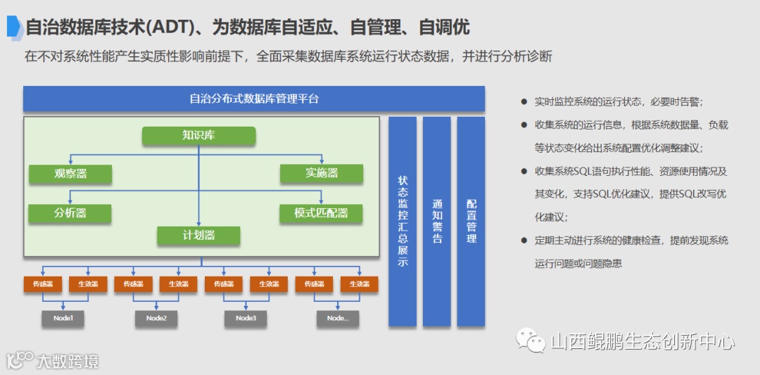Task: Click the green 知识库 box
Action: coord(198,136)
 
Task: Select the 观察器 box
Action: coord(70,174)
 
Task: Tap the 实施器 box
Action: coord(322,174)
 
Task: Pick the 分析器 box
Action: coord(70,213)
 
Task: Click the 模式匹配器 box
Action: coord(322,213)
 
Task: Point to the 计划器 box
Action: coord(198,236)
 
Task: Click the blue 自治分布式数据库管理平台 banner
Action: coord(254,98)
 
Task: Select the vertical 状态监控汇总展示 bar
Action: coord(403,222)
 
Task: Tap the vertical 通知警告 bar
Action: coord(436,222)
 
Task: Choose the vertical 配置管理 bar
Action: coord(471,222)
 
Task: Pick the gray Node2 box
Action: coord(156,319)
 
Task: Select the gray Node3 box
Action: coord(246,319)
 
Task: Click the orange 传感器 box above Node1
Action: coord(44,284)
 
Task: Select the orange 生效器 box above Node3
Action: coord(268,284)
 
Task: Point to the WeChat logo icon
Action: coord(531,342)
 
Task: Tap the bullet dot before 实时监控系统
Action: coord(524,102)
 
